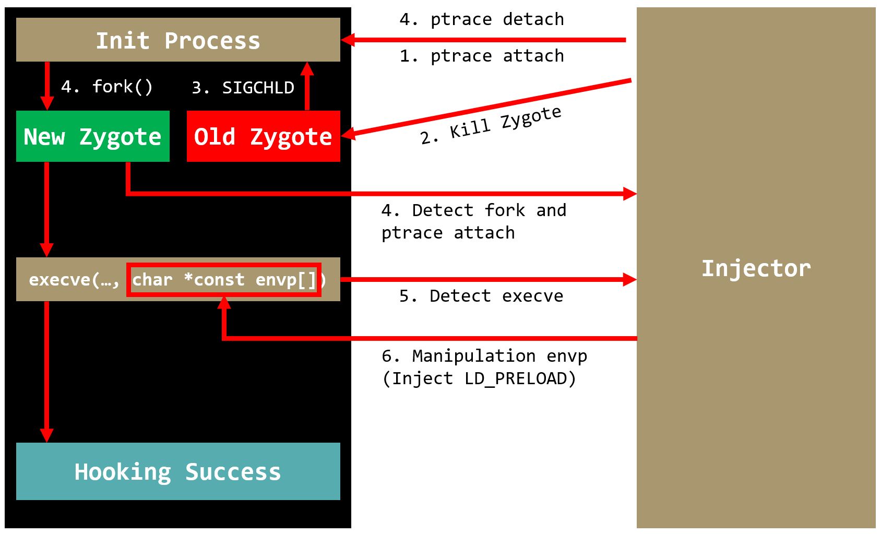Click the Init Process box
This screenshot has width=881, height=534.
[178, 40]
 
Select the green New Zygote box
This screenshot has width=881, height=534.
[92, 136]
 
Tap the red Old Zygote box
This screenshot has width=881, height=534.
[263, 136]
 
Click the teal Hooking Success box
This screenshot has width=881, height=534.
[178, 471]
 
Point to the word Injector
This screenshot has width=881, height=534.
[756, 268]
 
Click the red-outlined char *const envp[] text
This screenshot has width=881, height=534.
[224, 280]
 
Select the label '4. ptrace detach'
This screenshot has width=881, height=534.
[481, 20]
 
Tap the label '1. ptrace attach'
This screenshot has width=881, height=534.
[481, 56]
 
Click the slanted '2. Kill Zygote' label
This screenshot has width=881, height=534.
[491, 126]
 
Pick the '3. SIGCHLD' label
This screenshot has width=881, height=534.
[243, 88]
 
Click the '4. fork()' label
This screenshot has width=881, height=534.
[106, 87]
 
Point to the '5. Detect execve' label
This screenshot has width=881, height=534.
[481, 296]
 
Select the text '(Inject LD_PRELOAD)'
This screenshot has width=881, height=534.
[479, 378]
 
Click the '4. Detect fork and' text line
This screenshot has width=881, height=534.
[473, 210]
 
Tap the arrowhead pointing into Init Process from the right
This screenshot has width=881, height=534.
[348, 40]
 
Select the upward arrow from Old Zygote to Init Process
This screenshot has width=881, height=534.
[307, 86]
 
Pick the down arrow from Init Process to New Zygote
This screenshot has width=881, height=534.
[47, 86]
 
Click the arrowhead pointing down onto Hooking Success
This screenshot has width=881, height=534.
[47, 435]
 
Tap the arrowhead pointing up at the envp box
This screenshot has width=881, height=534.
[224, 303]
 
